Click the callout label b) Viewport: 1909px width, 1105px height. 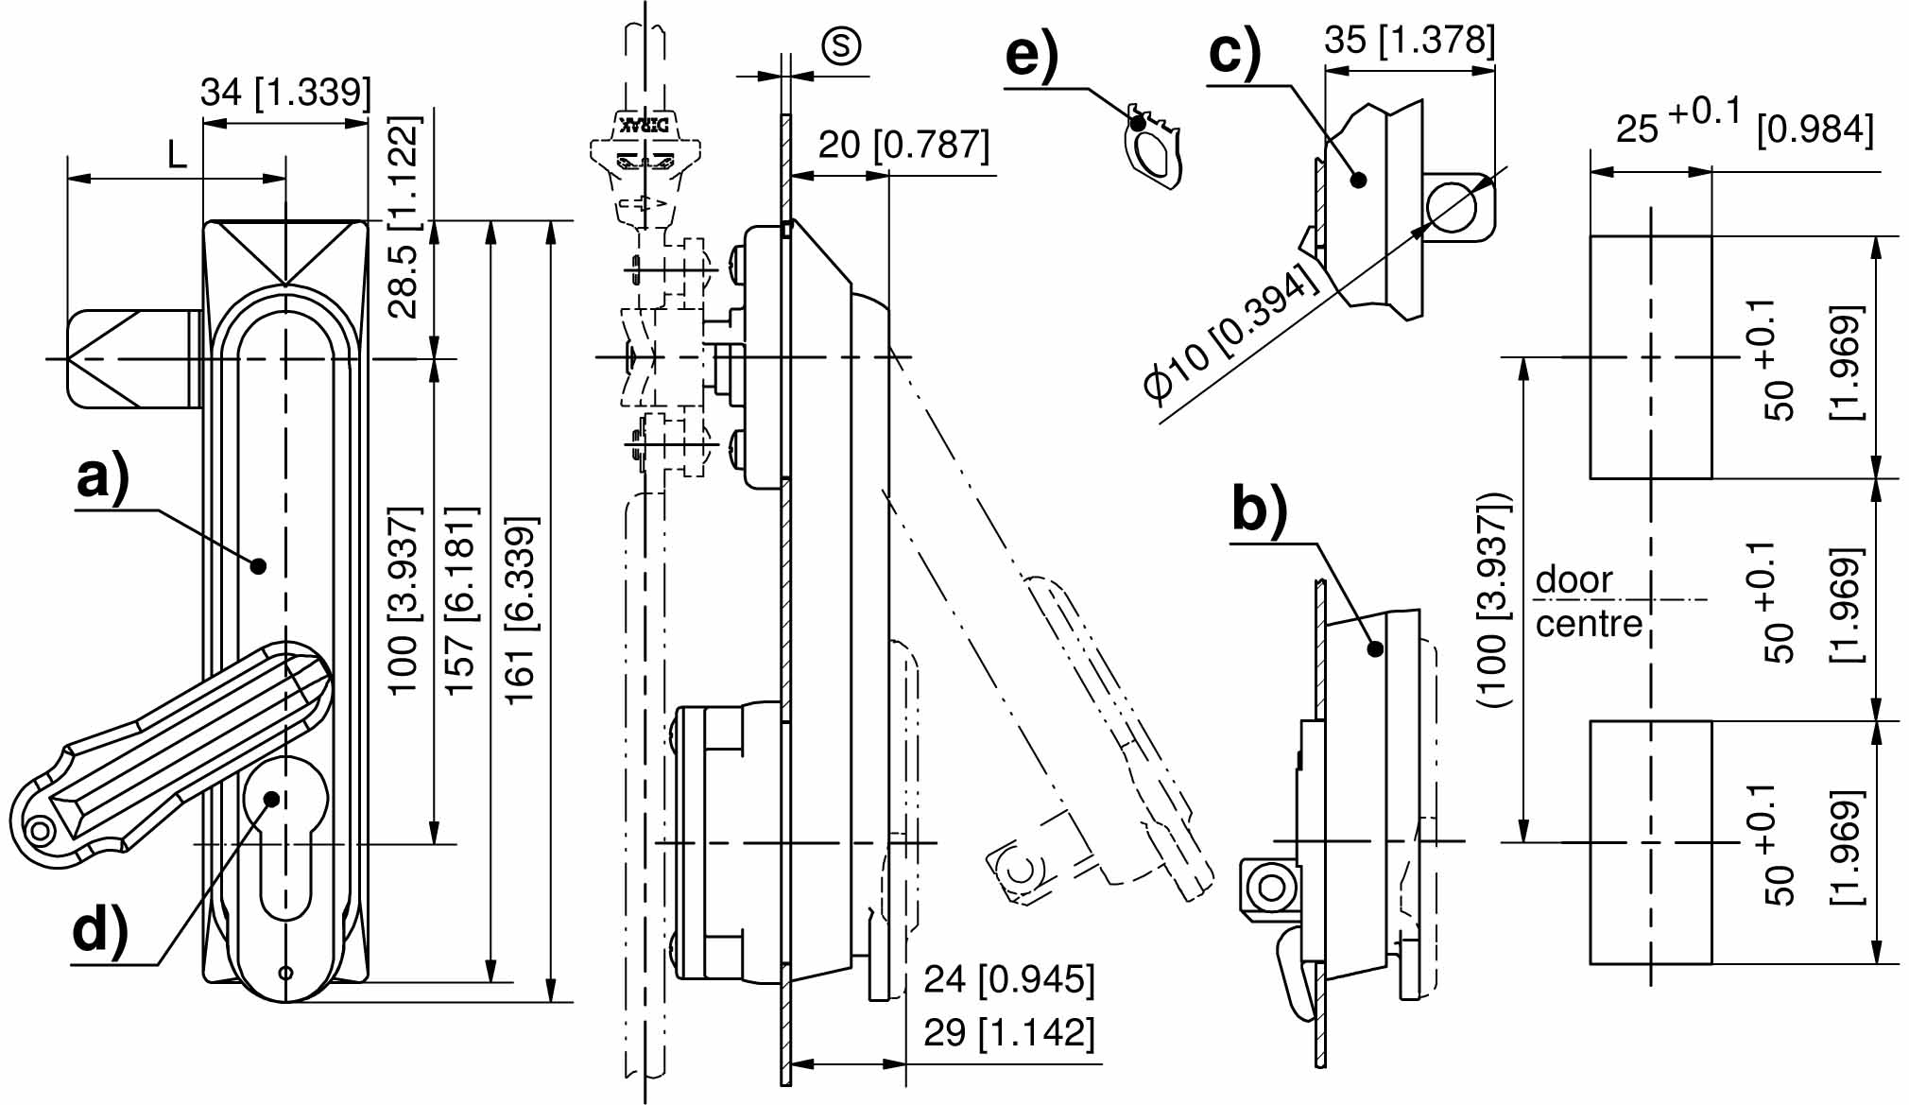pos(1259,511)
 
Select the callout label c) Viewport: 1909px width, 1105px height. pos(1234,53)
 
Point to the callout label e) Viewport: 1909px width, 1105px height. pos(1031,56)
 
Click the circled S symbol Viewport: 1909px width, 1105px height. pos(841,45)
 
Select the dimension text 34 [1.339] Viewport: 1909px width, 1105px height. pos(285,93)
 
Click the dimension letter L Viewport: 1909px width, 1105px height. pos(177,155)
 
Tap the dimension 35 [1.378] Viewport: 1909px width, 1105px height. pos(1409,41)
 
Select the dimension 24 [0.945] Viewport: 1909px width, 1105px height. pos(1008,979)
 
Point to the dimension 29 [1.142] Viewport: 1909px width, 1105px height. pos(1008,1032)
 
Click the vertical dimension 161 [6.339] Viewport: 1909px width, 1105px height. pos(521,610)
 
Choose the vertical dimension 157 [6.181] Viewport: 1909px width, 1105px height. pos(461,601)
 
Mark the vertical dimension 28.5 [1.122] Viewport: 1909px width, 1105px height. pos(404,217)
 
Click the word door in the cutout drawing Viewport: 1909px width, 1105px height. pos(1574,579)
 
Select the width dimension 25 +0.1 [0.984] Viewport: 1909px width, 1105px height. pos(1744,125)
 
